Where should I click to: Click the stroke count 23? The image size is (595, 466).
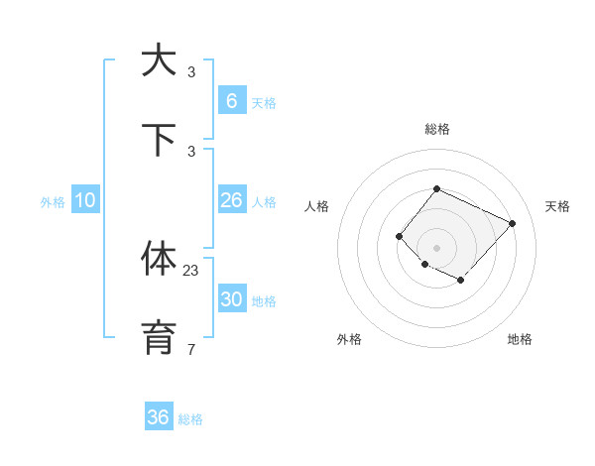191,270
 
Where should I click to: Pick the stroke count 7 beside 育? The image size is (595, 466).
191,349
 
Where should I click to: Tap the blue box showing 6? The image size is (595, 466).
231,100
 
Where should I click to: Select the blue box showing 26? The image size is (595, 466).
231,200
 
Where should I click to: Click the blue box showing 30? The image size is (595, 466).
231,299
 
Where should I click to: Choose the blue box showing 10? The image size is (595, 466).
85,200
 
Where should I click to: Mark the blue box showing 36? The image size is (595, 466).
159,417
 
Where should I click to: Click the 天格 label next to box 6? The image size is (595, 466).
264,102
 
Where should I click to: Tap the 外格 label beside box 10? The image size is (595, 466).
53,202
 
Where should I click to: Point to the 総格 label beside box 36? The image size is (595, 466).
190,419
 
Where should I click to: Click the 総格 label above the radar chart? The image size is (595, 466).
436,129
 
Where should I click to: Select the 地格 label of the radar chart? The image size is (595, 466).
520,339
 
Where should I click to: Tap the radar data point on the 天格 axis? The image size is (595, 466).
512,223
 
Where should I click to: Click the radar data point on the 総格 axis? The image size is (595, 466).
436,188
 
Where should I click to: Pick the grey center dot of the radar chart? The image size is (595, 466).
436,248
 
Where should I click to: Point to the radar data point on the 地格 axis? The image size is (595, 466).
460,281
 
